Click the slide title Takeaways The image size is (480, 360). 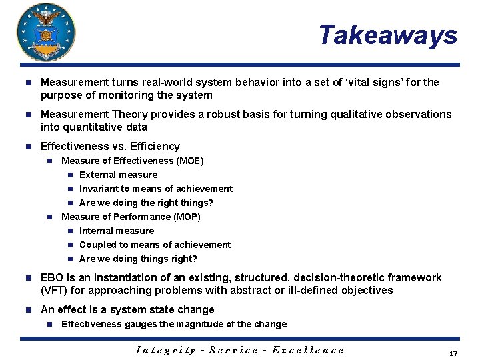click(387, 35)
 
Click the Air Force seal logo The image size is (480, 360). click(46, 32)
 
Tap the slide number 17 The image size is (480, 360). click(453, 353)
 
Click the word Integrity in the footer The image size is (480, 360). click(167, 350)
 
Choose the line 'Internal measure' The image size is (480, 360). click(117, 231)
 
